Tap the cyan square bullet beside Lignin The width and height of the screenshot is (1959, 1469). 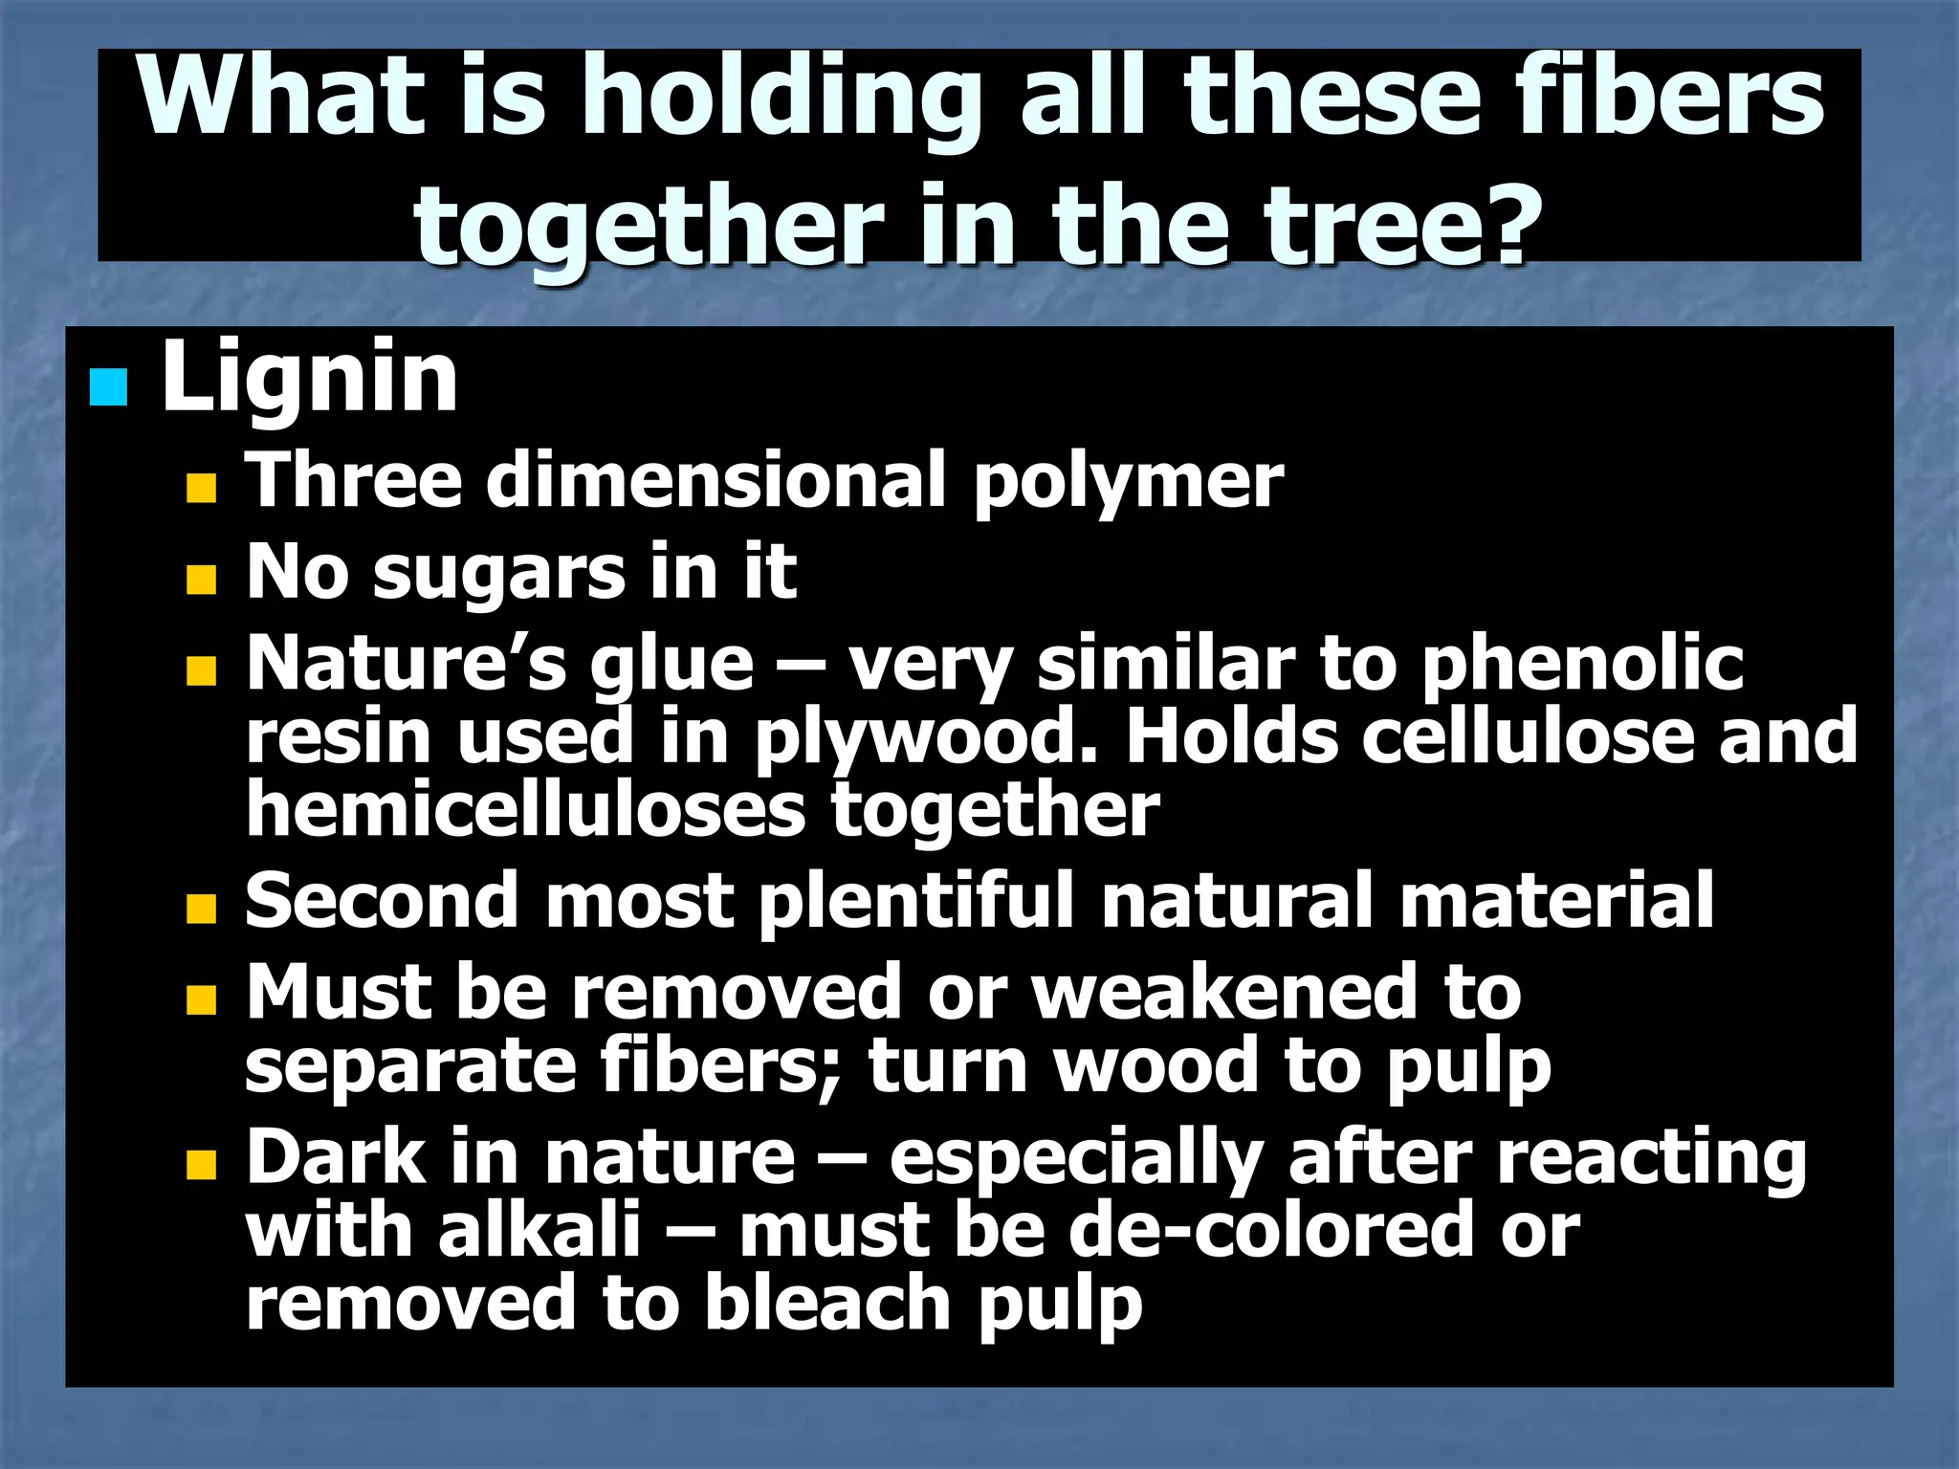108,388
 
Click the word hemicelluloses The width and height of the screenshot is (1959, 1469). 526,809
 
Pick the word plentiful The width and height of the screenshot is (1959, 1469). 917,901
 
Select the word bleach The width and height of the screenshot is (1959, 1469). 827,1303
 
